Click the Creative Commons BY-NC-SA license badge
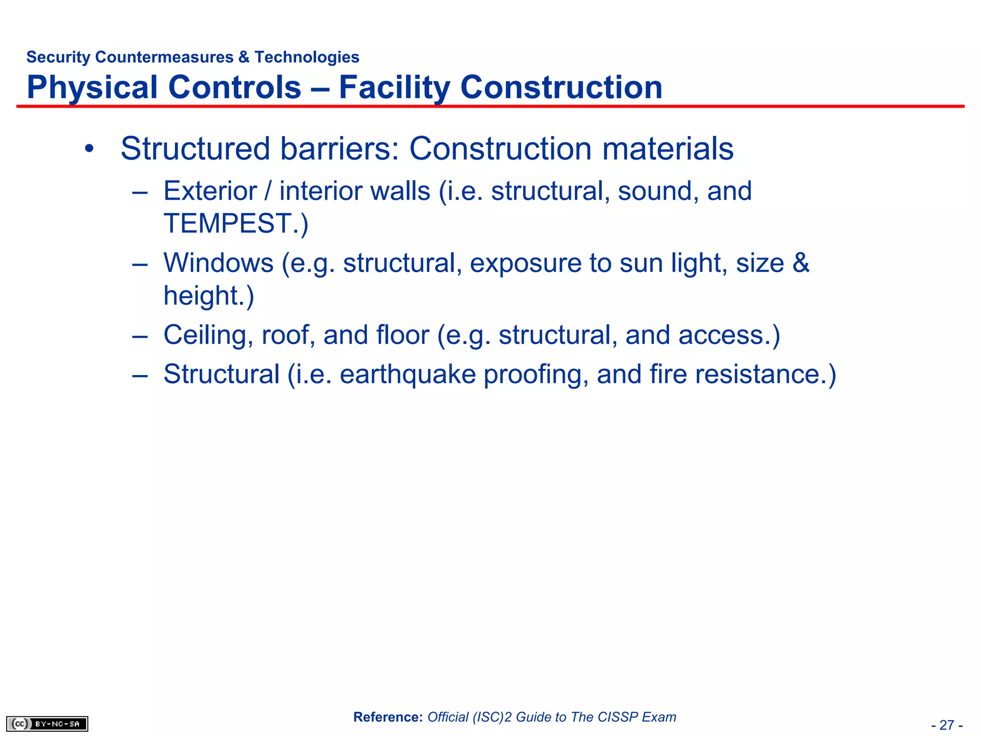point(47,724)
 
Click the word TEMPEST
point(228,223)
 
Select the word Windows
point(218,263)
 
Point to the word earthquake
point(408,374)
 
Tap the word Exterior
point(210,191)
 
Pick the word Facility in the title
point(394,88)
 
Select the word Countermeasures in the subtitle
point(164,57)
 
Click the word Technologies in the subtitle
point(307,57)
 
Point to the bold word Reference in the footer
point(388,717)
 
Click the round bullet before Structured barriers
point(89,149)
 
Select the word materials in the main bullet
point(668,149)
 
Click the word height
point(204,296)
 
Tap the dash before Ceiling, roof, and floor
point(139,336)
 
